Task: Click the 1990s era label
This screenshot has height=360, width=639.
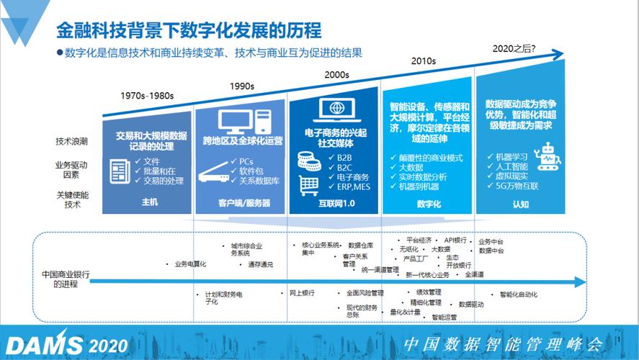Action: tap(241, 86)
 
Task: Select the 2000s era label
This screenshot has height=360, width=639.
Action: tap(336, 74)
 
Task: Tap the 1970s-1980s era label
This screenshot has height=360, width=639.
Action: tap(147, 96)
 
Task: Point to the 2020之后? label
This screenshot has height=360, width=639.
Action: tap(514, 48)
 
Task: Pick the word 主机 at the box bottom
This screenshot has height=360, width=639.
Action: tap(148, 203)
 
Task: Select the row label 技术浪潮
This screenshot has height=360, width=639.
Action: tap(71, 140)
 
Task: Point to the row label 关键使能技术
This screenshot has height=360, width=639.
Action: tap(71, 199)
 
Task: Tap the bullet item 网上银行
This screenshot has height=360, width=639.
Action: tap(302, 293)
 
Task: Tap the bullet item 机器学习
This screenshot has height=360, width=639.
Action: tap(512, 156)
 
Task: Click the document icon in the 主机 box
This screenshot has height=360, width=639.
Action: tap(120, 171)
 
